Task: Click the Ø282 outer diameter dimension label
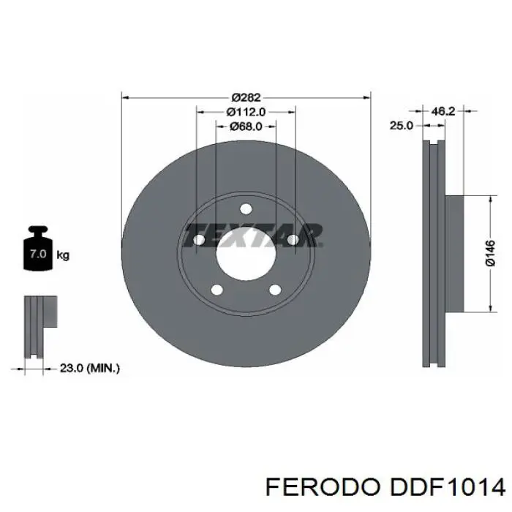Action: [246, 97]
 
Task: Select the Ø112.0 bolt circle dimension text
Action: [246, 112]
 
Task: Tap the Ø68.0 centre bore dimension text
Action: [246, 126]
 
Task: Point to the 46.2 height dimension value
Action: [443, 111]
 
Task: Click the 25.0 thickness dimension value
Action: [401, 126]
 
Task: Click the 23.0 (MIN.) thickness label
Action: [89, 369]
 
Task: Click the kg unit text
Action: [64, 255]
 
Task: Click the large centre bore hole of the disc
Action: [246, 253]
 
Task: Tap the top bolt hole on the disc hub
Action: [246, 208]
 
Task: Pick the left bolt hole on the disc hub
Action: [199, 239]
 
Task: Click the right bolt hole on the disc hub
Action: [293, 239]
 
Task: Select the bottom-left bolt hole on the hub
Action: [217, 290]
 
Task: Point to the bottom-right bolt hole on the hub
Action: [275, 290]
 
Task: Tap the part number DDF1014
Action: [448, 488]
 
